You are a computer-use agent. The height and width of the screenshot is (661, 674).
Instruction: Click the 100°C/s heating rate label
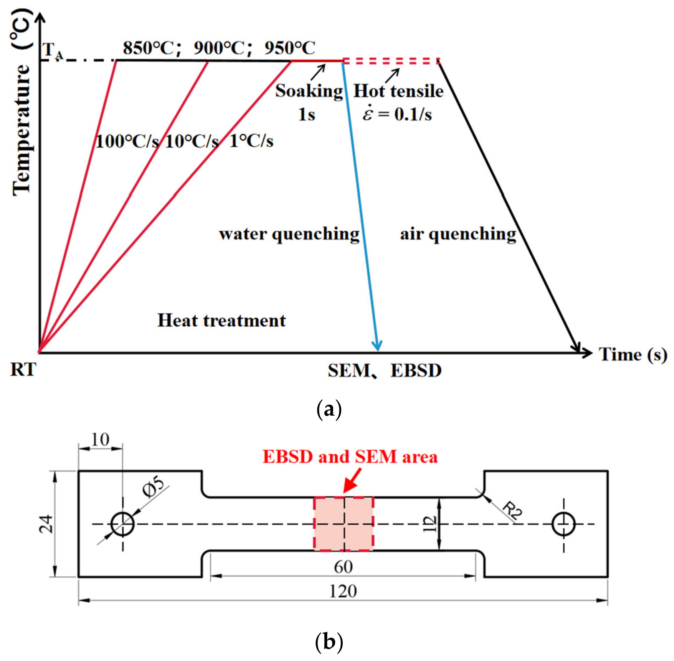(x=127, y=142)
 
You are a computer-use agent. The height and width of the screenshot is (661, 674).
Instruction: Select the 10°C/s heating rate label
(x=192, y=142)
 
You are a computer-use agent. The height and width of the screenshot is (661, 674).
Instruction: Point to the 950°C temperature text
(x=290, y=48)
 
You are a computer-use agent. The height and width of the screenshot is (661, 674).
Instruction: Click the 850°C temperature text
(x=148, y=48)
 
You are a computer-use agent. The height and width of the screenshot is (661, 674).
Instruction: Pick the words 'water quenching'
(x=289, y=234)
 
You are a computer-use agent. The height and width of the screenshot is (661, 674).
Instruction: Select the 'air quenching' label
(x=458, y=234)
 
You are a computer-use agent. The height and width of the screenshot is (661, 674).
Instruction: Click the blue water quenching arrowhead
(x=377, y=346)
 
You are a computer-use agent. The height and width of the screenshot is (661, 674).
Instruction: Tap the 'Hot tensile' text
(x=398, y=91)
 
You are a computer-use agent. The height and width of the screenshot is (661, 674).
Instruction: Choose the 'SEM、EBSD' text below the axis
(x=384, y=371)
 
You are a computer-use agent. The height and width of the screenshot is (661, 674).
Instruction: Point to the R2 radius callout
(x=512, y=511)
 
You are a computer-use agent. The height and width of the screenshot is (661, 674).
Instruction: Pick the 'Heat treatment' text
(x=222, y=320)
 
